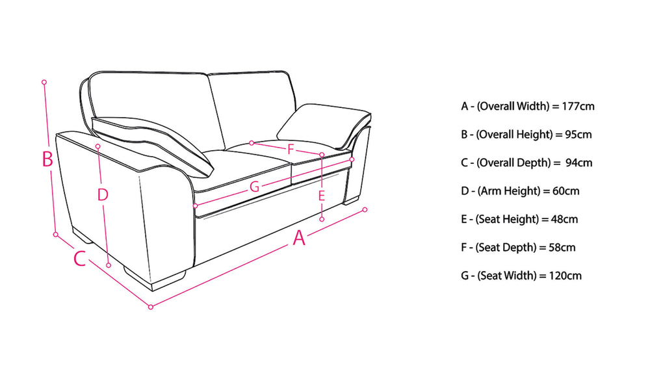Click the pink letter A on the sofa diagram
pyautogui.click(x=299, y=238)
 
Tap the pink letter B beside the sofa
pyautogui.click(x=47, y=159)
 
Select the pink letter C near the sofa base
pyautogui.click(x=79, y=258)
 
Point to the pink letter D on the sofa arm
pyautogui.click(x=103, y=194)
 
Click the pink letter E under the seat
pyautogui.click(x=322, y=196)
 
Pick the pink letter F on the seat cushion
pyautogui.click(x=291, y=149)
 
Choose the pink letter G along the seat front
pyautogui.click(x=255, y=187)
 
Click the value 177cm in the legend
pyautogui.click(x=578, y=106)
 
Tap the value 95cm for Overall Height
pyautogui.click(x=578, y=135)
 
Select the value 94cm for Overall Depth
pyautogui.click(x=578, y=163)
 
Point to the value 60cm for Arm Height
pyautogui.click(x=566, y=191)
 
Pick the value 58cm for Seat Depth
pyautogui.click(x=562, y=248)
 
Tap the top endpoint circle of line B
pyautogui.click(x=44, y=82)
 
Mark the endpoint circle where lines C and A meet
pyautogui.click(x=151, y=307)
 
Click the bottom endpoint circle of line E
pyautogui.click(x=322, y=219)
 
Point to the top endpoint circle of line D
pyautogui.click(x=98, y=146)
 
